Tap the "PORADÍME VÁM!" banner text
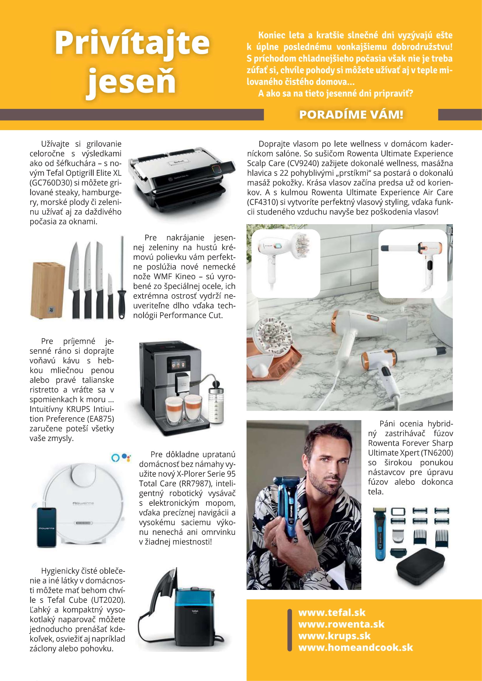coord(351,115)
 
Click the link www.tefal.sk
coord(332,613)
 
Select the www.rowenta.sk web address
coord(341,624)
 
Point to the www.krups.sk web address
coord(335,636)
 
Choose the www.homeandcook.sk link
coord(356,647)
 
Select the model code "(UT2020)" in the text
coord(109,600)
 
